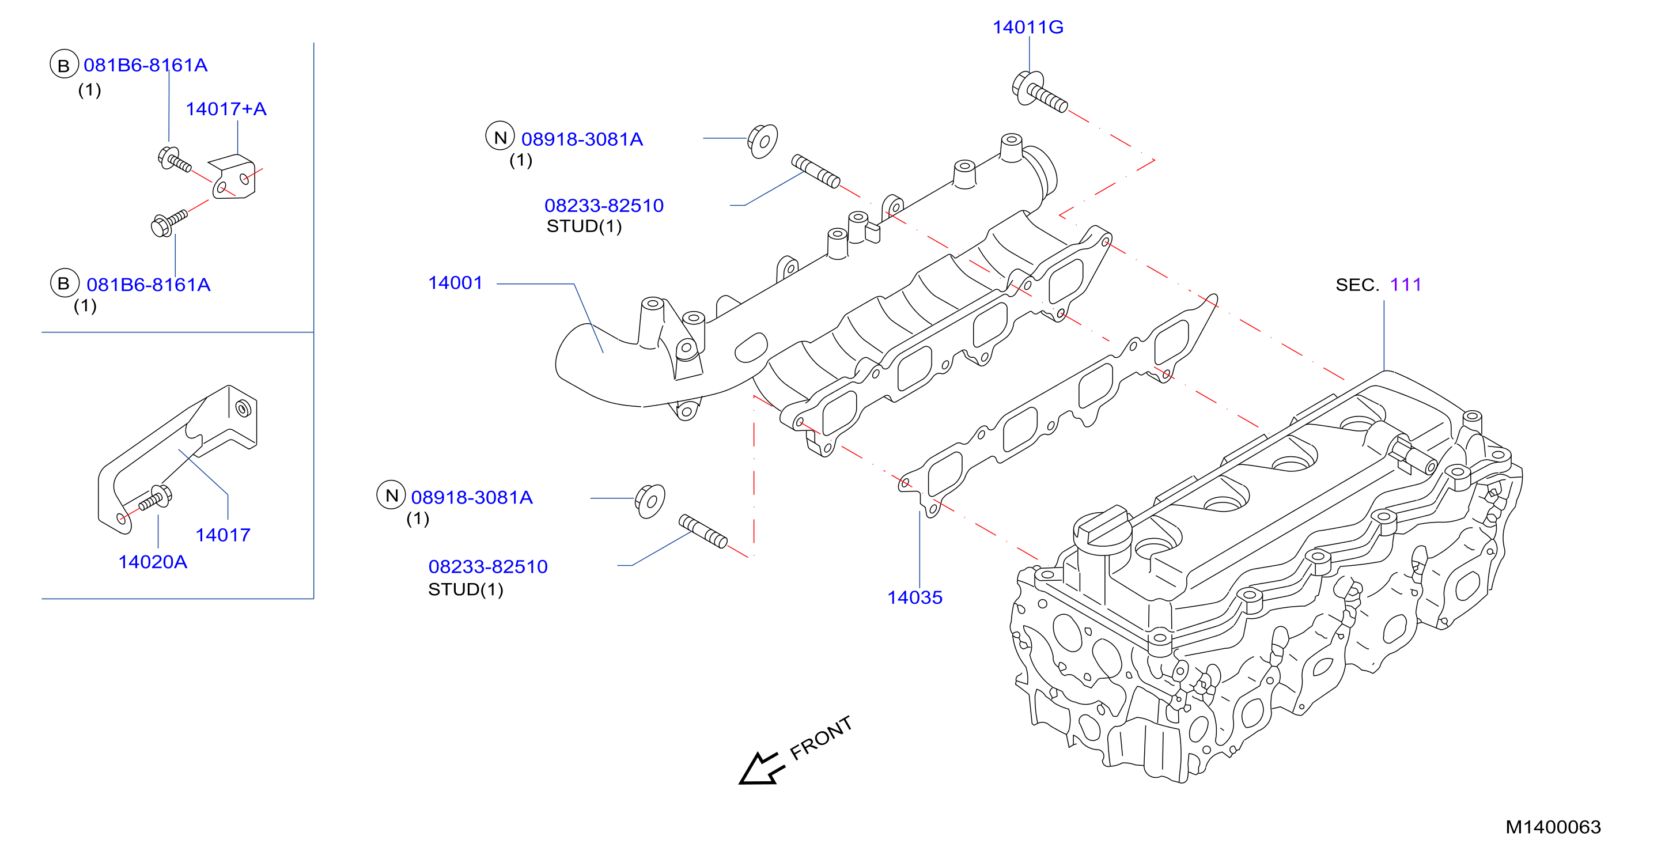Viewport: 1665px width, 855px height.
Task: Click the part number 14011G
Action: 1028,27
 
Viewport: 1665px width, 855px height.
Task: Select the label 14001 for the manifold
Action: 456,282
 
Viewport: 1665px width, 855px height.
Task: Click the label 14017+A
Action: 226,108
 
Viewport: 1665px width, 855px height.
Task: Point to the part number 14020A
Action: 153,562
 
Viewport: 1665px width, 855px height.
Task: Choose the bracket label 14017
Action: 223,535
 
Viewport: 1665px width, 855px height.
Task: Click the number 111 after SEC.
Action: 1406,285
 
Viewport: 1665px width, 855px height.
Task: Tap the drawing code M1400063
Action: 1553,827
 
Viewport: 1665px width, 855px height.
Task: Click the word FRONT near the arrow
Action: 821,738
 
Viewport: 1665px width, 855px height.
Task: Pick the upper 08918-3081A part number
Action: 582,139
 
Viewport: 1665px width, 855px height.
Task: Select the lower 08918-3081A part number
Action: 472,497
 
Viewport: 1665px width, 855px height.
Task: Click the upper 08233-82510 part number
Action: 604,206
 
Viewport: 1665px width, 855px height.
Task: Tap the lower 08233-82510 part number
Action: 488,566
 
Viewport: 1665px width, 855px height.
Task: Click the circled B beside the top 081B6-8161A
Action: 64,65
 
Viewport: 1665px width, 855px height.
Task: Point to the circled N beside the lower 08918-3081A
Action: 391,495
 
